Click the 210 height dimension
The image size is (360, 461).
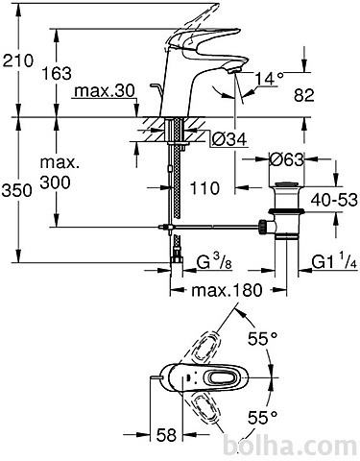coord(18,61)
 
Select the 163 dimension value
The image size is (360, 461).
coord(57,74)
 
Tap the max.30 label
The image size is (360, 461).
coord(105,91)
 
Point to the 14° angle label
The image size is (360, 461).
coord(270,79)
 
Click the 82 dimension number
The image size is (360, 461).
coord(304,95)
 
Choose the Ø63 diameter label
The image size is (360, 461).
coord(286,159)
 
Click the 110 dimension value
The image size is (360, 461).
coord(205,188)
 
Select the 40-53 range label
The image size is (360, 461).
coord(334,200)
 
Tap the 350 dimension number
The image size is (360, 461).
coord(17,191)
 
